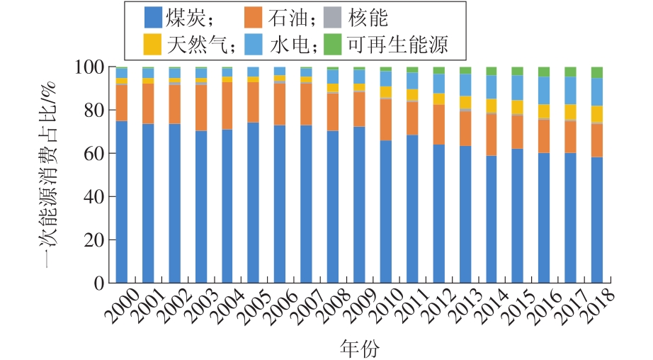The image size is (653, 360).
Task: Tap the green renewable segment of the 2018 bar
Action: coord(597,72)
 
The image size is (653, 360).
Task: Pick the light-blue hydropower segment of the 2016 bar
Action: coord(544,90)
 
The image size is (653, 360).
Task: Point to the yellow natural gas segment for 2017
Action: coord(570,112)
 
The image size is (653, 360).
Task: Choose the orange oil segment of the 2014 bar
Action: coord(492,135)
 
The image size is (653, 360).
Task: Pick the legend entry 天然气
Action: coord(188,45)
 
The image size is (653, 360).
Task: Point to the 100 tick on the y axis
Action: coord(89,67)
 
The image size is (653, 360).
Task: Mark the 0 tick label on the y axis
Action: coord(98,283)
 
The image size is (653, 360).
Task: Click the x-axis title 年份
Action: coord(359,347)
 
